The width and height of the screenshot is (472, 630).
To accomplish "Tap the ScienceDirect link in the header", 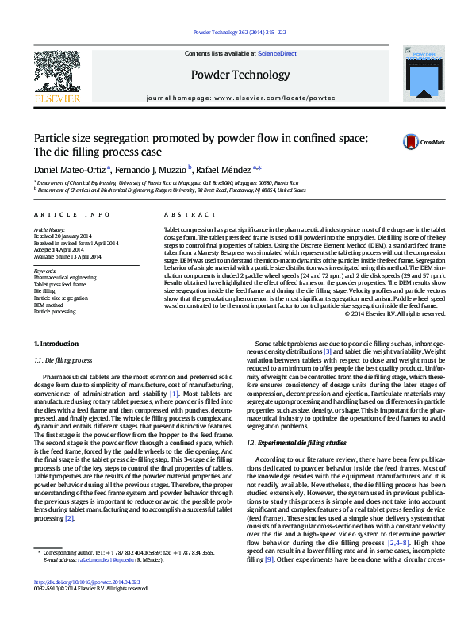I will point(277,53).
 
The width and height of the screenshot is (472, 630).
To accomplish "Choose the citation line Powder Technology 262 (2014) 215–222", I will point(236,33).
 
